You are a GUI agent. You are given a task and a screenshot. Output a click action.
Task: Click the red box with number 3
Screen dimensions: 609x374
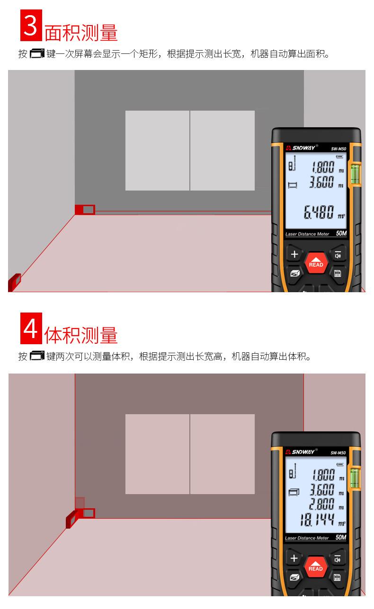coord(31,26)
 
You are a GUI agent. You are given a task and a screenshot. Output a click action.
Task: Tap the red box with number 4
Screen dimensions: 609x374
coord(31,329)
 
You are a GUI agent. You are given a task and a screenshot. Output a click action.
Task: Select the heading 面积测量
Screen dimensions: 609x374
coord(81,33)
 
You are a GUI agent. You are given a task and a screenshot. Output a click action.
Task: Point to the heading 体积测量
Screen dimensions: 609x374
coord(81,336)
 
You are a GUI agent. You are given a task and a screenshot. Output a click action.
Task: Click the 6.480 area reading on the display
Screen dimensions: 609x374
coord(318,213)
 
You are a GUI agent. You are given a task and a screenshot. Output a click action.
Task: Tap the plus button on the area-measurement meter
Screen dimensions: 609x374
coord(294,254)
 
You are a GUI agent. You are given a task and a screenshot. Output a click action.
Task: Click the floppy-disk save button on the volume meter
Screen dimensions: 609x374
coord(337,577)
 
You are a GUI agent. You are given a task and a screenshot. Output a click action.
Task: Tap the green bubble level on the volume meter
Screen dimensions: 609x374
coord(355,477)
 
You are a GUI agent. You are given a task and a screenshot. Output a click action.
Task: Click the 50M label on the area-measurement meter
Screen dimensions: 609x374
coord(341,234)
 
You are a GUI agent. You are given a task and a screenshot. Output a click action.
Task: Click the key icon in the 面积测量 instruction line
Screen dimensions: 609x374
coord(37,53)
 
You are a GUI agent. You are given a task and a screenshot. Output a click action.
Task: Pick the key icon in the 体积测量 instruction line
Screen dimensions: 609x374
coord(37,356)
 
